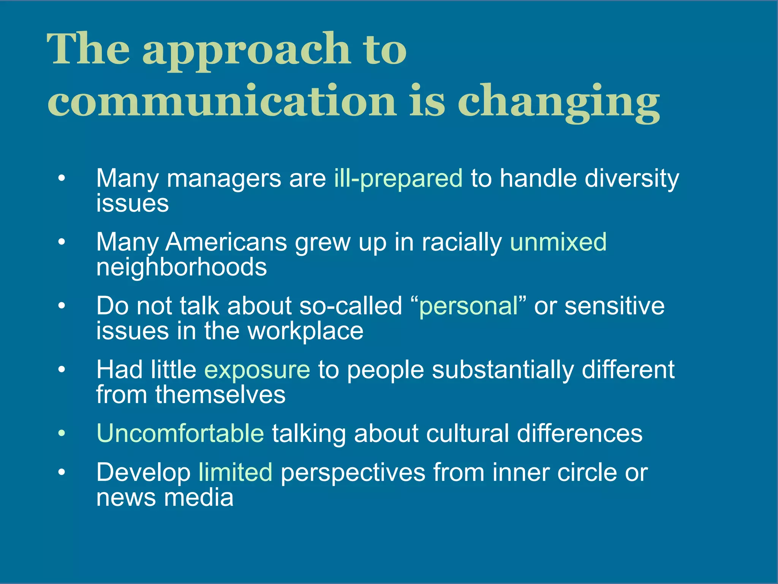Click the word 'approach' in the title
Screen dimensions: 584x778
click(x=246, y=51)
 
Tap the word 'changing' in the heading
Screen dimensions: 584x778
click(x=558, y=103)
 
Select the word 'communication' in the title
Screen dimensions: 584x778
click(x=222, y=101)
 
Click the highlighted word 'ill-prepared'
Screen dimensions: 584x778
click(x=398, y=179)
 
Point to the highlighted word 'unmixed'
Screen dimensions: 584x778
click(x=558, y=242)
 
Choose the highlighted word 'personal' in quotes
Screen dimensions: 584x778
click(x=468, y=306)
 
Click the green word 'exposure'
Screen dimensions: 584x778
click(x=257, y=370)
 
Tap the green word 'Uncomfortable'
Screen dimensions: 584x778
click(x=180, y=433)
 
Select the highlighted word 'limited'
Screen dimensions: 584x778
click(x=235, y=473)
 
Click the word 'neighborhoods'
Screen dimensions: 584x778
click(x=182, y=267)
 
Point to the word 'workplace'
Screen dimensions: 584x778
click(x=305, y=331)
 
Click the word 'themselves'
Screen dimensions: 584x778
click(x=220, y=395)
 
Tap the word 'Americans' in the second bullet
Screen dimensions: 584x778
click(x=226, y=242)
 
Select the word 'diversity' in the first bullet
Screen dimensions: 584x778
click(x=632, y=179)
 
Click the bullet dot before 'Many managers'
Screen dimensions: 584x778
click(x=62, y=178)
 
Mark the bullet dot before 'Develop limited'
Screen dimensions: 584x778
click(x=62, y=472)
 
